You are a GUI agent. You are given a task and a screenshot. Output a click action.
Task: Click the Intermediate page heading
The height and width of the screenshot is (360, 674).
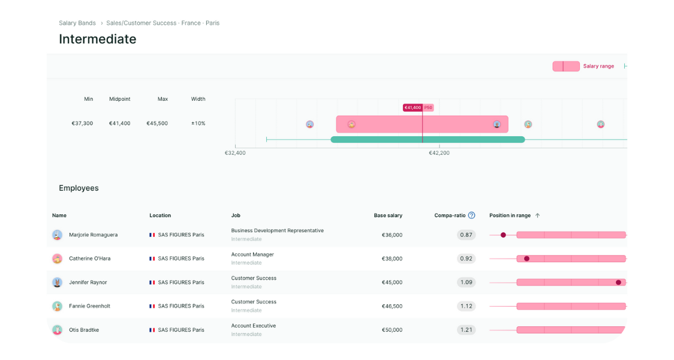coord(98,40)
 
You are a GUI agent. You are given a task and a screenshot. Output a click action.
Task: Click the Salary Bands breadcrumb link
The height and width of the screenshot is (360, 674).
coord(77,23)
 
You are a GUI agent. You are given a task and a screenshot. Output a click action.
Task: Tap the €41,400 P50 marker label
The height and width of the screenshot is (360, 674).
coord(417,108)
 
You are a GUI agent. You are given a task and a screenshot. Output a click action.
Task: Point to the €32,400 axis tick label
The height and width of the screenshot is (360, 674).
coord(235,153)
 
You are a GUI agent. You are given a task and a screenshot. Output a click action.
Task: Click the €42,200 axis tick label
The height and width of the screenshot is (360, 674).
coord(439,153)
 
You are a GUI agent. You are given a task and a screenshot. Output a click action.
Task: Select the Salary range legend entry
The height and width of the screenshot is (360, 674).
coord(598,66)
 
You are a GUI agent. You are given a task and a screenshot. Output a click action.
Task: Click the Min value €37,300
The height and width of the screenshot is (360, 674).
coord(82,124)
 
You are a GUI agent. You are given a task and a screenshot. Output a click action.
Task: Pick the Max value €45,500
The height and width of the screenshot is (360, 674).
coord(157,124)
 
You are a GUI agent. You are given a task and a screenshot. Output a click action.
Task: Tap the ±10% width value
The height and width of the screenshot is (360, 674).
coord(198,124)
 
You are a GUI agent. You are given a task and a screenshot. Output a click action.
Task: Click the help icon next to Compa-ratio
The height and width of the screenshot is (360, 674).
coord(471,215)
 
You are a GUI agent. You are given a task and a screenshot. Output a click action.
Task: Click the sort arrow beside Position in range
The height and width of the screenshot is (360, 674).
coord(537,215)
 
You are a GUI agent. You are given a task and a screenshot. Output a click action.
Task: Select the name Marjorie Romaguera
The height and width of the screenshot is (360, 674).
coord(93,235)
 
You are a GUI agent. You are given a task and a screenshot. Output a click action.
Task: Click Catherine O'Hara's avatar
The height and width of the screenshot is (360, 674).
coord(57,259)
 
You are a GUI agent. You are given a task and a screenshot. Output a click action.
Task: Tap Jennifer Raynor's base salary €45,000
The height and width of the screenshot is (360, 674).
coord(392,283)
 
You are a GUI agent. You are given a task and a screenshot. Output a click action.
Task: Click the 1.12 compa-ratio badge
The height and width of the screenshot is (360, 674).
coord(466,306)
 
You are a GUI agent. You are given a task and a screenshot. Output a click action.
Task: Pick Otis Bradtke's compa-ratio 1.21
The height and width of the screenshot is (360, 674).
coord(466,330)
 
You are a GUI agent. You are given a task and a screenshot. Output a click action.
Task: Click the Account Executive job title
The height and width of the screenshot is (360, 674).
coord(254,326)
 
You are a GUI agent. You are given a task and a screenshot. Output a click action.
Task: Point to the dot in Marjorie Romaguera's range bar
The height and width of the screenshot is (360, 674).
coord(503,235)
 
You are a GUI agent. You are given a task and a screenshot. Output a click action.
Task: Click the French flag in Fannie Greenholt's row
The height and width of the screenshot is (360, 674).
coord(152,306)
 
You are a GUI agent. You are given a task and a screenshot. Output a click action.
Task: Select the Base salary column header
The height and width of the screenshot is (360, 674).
coord(388,215)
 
